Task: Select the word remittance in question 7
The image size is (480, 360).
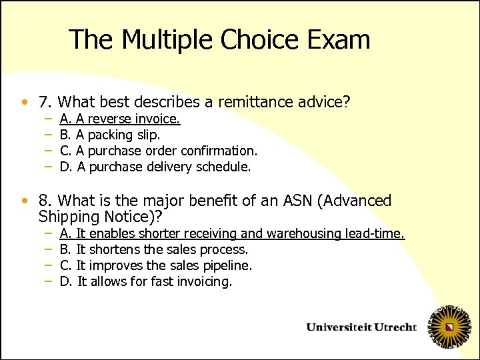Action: [266, 103]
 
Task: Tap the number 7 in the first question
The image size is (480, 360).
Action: [45, 103]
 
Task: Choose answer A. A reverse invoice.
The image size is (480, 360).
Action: [120, 119]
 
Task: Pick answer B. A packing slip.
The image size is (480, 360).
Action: [109, 135]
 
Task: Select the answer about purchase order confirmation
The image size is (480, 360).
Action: [158, 151]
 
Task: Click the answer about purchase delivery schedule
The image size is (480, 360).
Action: [155, 167]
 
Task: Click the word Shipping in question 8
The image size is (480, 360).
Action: [70, 217]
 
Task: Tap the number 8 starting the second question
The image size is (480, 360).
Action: [45, 201]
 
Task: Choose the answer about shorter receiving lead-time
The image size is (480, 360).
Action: [232, 233]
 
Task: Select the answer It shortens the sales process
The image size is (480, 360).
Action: [154, 249]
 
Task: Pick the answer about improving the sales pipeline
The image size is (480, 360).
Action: [156, 265]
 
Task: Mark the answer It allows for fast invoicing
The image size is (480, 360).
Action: [146, 281]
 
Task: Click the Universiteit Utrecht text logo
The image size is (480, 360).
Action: [361, 327]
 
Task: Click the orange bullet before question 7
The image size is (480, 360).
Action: [25, 103]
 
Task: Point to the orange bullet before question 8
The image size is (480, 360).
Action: [25, 201]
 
